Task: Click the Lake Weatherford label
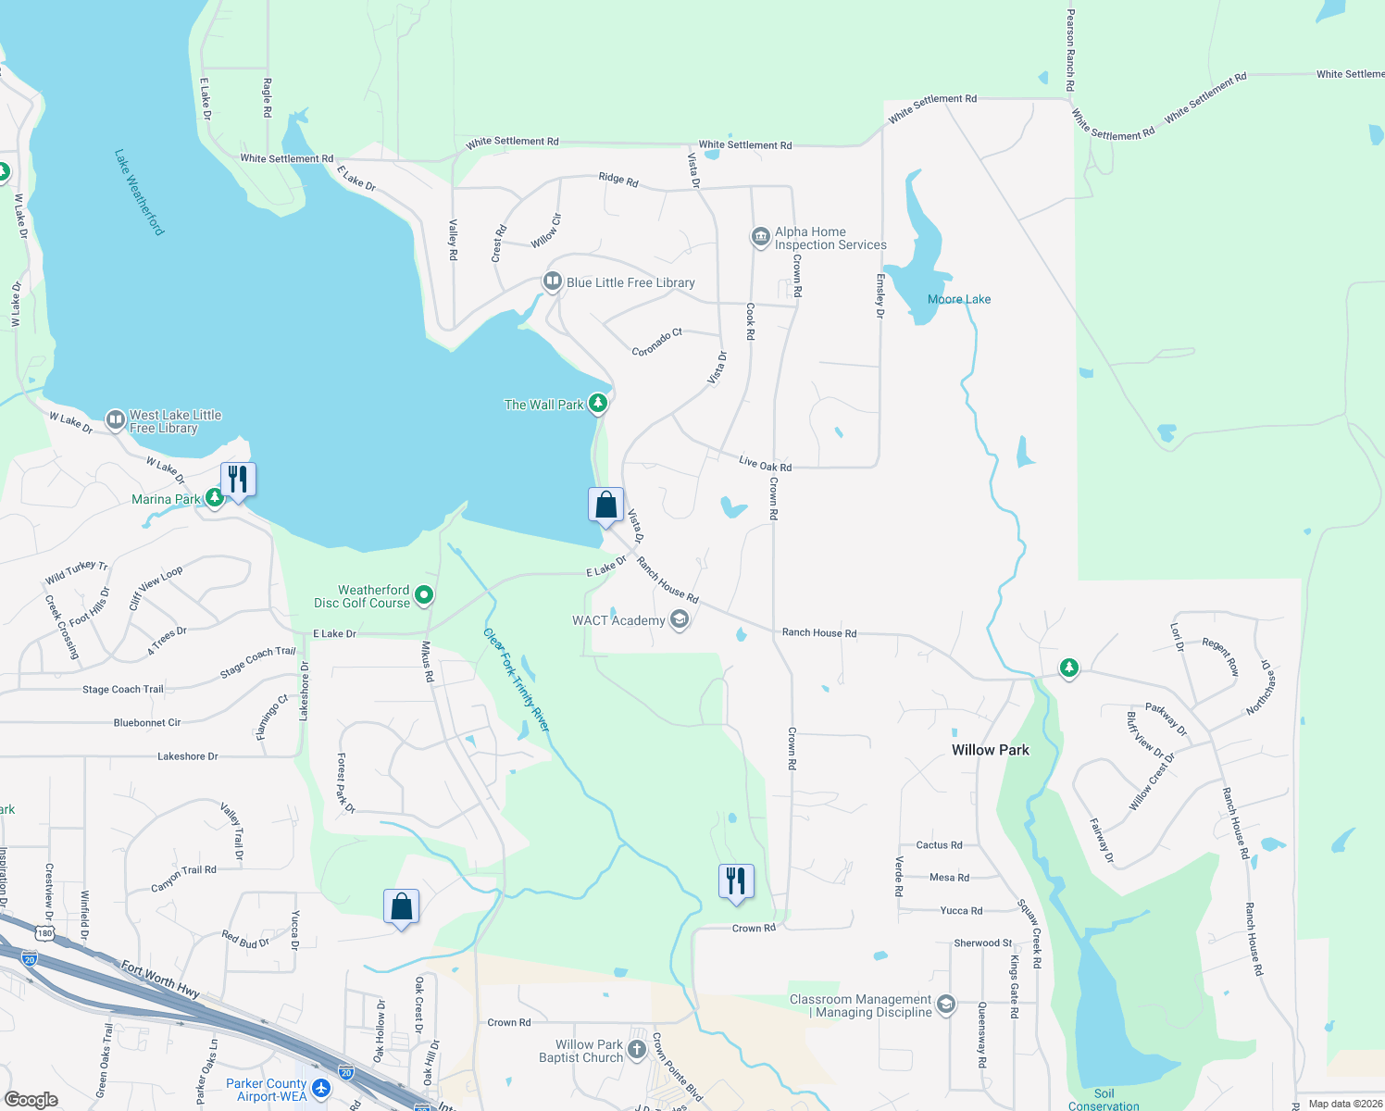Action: coord(139,193)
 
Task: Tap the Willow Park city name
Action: coord(990,750)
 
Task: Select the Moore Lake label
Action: coord(959,299)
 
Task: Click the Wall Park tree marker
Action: coord(598,403)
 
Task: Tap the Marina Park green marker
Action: coord(215,498)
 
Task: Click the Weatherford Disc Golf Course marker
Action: coord(424,595)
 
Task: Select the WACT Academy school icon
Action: coord(679,619)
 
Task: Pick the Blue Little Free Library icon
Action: coord(553,281)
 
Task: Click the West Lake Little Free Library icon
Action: coord(116,421)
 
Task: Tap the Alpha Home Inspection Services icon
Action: coord(760,237)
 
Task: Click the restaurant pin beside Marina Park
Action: coord(238,480)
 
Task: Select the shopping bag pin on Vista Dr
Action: coord(605,506)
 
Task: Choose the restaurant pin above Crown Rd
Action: coord(736,881)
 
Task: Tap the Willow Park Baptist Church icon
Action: coord(636,1049)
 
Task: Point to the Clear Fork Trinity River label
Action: coord(517,680)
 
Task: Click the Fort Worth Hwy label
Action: coord(160,979)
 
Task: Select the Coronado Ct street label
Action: coord(656,342)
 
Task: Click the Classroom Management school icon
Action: coord(945,1005)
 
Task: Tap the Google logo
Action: coord(31,1099)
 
